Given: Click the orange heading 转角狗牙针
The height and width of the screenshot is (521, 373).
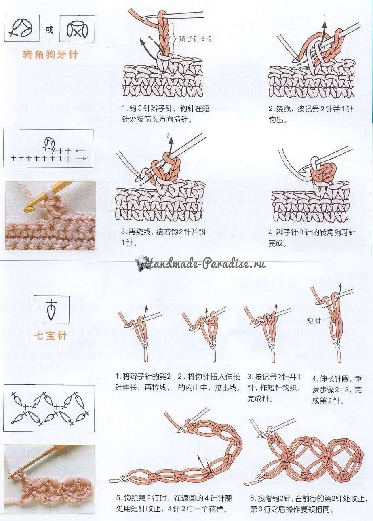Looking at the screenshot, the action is point(50,55).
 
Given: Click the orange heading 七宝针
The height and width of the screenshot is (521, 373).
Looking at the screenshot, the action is point(50,335).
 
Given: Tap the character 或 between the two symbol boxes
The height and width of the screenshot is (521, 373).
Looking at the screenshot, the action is point(49,30).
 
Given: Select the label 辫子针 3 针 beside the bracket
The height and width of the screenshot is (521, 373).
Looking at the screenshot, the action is point(196,39).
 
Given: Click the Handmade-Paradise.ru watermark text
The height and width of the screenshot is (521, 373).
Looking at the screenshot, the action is point(204,264).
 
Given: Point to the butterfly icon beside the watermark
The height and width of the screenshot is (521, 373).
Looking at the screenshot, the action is point(139,264).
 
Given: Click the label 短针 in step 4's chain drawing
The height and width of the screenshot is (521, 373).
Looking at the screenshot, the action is point(314,321).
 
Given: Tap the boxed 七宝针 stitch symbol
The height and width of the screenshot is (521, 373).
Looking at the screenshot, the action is point(51,309).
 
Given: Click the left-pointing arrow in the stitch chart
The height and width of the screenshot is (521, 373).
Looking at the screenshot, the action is point(81,151).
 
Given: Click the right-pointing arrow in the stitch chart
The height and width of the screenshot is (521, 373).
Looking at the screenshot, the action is point(81,158).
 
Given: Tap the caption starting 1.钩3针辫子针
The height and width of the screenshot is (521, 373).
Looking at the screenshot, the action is point(166,114).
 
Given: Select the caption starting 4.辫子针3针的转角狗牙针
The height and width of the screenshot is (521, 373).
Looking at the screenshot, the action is point(312,238).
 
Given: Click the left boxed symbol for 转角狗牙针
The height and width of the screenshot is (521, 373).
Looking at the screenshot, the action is point(22,28).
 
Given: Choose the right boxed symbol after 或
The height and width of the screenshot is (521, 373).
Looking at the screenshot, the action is point(77,29).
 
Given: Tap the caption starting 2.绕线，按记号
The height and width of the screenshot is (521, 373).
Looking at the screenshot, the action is point(311,114).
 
